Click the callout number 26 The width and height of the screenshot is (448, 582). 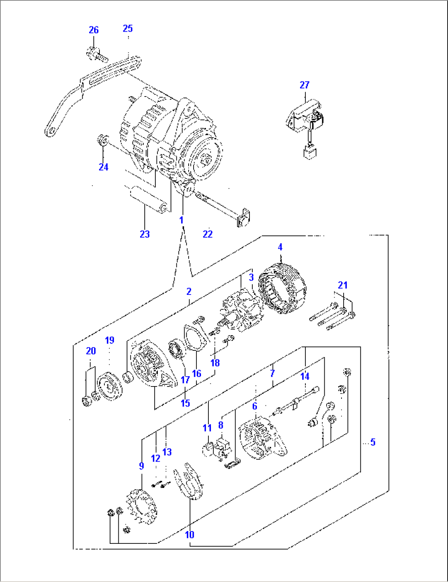[x=94, y=30]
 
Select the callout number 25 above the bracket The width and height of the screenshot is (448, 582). [x=128, y=28]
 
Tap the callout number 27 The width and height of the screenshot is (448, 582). [x=304, y=85]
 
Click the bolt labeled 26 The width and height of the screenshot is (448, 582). [x=96, y=54]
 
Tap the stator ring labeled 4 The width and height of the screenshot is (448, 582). [x=282, y=290]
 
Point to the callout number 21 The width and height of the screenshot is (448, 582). [x=343, y=285]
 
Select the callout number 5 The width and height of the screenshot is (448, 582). [x=372, y=442]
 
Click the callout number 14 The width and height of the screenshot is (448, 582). [x=305, y=376]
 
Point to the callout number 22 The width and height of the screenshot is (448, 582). [x=208, y=234]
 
